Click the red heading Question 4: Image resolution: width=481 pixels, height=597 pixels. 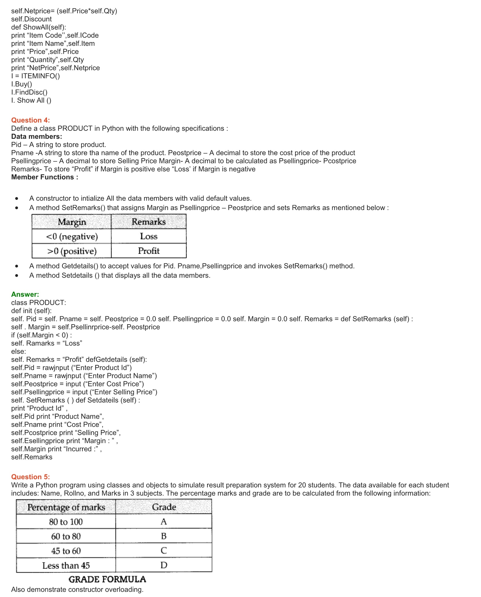(x=31, y=120)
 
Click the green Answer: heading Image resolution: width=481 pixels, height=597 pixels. (x=25, y=294)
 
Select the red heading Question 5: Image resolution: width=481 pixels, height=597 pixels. (x=31, y=477)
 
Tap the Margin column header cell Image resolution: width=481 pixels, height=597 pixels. (x=72, y=222)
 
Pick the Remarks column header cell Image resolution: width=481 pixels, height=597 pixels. (x=149, y=222)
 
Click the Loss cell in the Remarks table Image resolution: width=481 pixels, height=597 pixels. (x=149, y=236)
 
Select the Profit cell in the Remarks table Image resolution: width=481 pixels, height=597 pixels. (x=149, y=251)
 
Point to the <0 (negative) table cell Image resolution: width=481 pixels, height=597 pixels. (x=72, y=236)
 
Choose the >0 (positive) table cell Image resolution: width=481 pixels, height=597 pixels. (x=72, y=251)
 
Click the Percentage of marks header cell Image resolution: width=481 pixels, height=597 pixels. (x=66, y=507)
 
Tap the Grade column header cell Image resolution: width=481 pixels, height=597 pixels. (x=164, y=507)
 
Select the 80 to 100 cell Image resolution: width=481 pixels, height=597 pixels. (x=66, y=522)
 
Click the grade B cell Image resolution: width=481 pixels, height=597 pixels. (x=164, y=536)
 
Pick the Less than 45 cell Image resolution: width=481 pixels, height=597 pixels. (x=66, y=565)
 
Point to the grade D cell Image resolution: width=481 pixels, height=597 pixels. (x=164, y=565)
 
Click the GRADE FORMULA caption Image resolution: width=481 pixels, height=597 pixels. (x=107, y=579)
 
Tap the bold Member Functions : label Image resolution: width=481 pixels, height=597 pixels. (x=45, y=177)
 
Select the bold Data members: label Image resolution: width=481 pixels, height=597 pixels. (x=36, y=137)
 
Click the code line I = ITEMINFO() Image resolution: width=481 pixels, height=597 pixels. (x=36, y=76)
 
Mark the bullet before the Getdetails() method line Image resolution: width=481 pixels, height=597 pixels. (x=17, y=266)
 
